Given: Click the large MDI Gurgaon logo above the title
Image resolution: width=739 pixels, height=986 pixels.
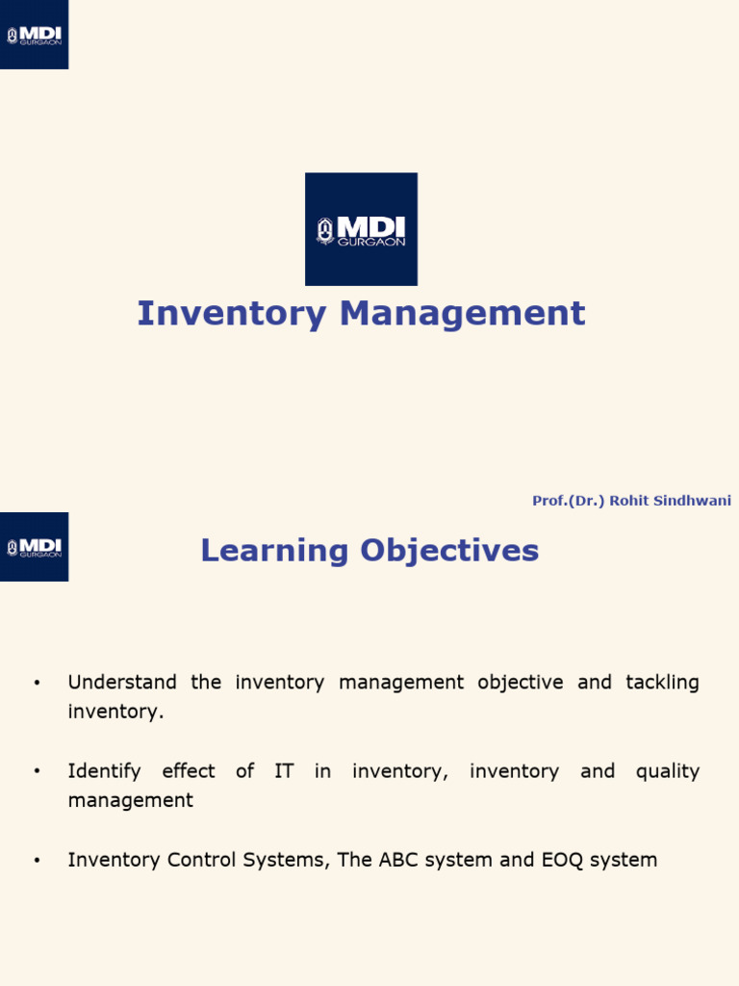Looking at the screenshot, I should pyautogui.click(x=361, y=229).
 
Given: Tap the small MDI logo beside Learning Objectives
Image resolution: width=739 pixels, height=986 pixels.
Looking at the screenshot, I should pyautogui.click(x=34, y=546).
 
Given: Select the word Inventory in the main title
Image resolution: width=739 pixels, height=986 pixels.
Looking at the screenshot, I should pyautogui.click(x=217, y=314).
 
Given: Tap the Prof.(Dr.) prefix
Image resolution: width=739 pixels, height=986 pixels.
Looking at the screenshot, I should pyautogui.click(x=568, y=501).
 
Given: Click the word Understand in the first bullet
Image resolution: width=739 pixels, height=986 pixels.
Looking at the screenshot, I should pyautogui.click(x=122, y=683).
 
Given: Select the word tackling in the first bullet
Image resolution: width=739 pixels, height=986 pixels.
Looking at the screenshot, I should pyautogui.click(x=662, y=683).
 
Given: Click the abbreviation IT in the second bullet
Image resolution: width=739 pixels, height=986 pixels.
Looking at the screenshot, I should pyautogui.click(x=284, y=771).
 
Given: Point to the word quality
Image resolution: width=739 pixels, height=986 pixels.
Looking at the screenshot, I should pyautogui.click(x=667, y=771).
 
